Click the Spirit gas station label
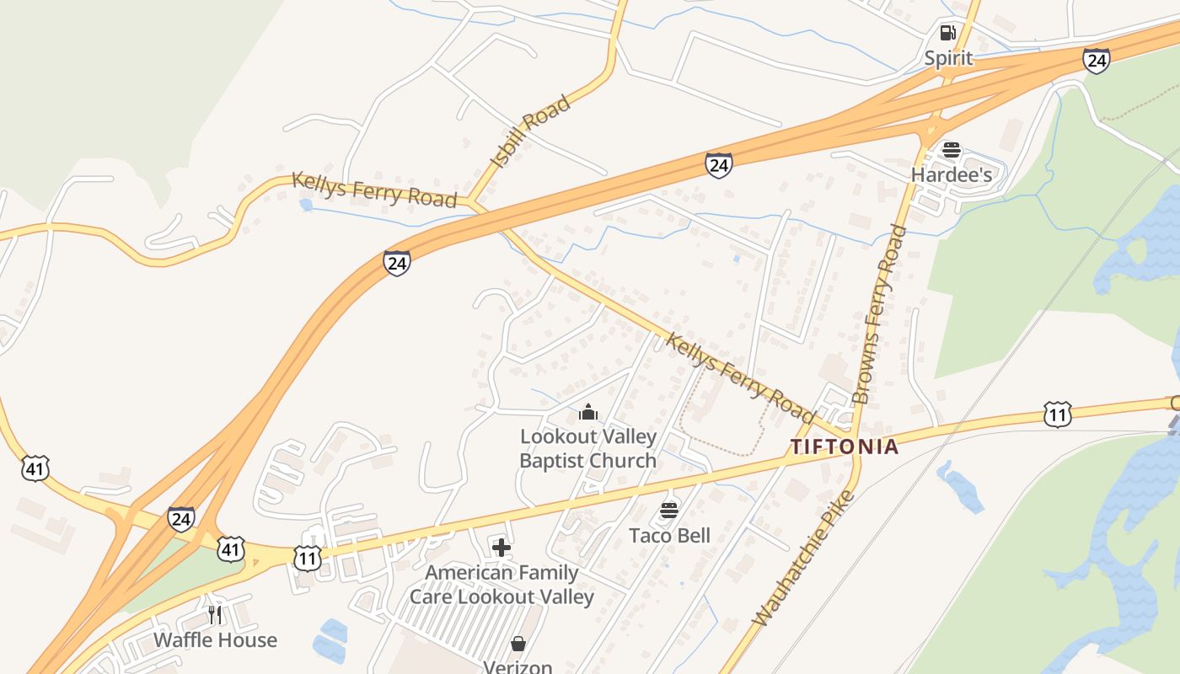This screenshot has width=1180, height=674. (948, 58)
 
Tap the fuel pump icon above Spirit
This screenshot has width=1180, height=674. (948, 33)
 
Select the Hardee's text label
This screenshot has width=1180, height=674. (951, 175)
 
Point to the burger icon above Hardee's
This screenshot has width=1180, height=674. (952, 151)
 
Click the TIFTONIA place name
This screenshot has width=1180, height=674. (845, 447)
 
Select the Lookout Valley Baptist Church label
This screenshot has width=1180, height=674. (587, 448)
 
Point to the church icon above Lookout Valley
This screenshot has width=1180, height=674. (587, 412)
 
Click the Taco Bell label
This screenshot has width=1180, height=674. (669, 535)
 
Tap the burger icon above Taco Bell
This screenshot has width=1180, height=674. (669, 510)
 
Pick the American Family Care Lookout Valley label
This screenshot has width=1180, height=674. (501, 585)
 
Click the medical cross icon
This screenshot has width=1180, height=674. (501, 548)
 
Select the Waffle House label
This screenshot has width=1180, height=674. (215, 639)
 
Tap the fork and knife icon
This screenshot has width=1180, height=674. (215, 614)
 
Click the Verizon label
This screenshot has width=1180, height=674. (518, 666)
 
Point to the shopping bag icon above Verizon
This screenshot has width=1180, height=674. (518, 644)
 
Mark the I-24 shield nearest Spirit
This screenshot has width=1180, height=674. (1096, 60)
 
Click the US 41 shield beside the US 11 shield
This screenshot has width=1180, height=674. (230, 550)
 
